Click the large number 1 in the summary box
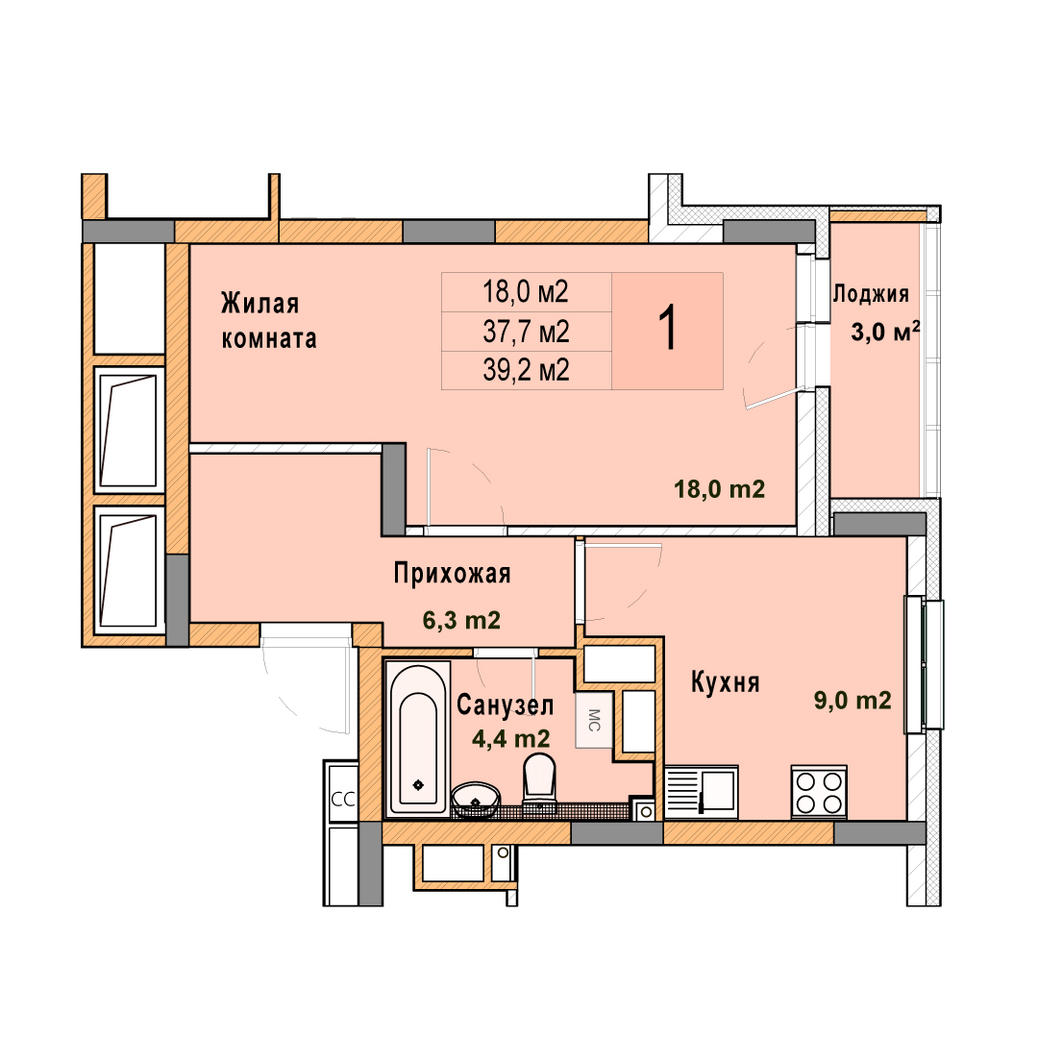pos(669,328)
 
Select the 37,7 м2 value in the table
pos(527,332)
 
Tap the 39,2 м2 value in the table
pos(527,370)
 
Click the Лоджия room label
pos(871,293)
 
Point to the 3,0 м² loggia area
pos(885,331)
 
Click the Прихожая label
pos(452,573)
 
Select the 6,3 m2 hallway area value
pos(461,620)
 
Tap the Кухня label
pos(725,681)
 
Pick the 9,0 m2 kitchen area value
pos(853,700)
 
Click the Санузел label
pos(506,705)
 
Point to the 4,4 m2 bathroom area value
pos(510,738)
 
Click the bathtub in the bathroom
pos(418,738)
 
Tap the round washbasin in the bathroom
pos(476,800)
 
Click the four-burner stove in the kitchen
pos(819,792)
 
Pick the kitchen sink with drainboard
pos(701,791)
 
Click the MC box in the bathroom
pos(594,720)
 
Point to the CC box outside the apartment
pos(343,800)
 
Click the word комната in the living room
pos(269,339)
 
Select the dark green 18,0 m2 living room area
pos(720,489)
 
